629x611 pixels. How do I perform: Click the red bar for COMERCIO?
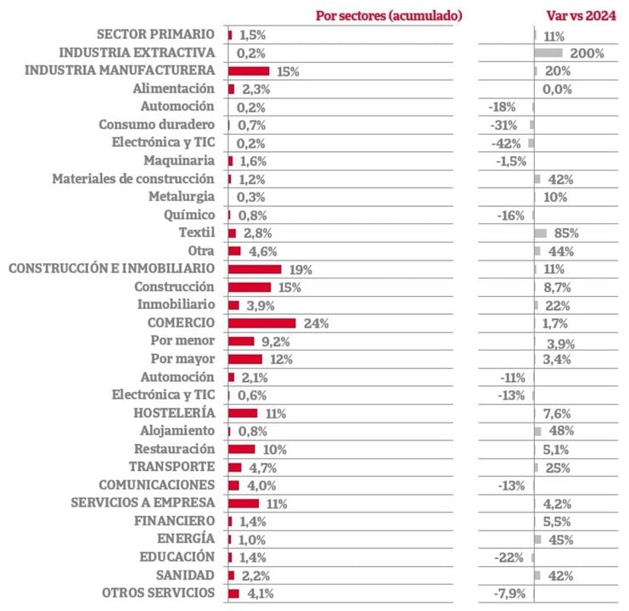(261, 323)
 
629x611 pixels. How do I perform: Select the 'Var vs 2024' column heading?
(581, 15)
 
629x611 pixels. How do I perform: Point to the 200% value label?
(587, 53)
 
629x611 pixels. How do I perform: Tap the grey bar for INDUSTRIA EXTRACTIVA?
(548, 53)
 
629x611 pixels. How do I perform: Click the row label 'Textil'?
(198, 233)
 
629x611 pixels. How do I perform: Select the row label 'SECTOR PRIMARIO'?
(156, 35)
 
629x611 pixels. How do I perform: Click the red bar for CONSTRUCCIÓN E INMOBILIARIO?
(255, 269)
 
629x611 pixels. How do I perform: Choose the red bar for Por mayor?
(245, 359)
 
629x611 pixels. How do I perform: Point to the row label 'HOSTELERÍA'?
(174, 413)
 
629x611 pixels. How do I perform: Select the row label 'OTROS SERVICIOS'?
(158, 593)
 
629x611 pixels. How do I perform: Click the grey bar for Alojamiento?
(537, 431)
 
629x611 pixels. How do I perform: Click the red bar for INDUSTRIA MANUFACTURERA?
(249, 71)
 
